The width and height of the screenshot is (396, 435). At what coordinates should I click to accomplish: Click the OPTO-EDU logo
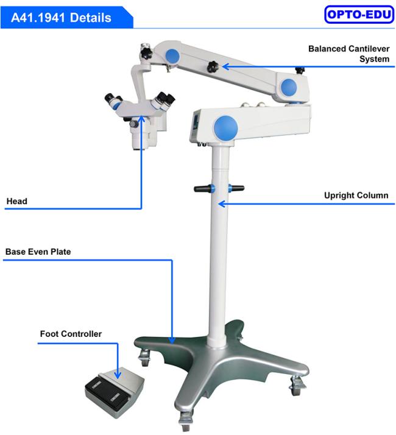point(359,14)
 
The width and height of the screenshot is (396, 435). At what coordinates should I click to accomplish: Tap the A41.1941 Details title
point(61,18)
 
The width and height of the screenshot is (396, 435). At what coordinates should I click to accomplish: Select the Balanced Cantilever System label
point(349,54)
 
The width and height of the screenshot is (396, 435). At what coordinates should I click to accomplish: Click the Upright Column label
point(356,196)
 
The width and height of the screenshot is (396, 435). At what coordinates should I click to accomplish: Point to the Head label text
point(17,201)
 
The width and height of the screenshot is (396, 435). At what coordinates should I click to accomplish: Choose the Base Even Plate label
point(38,252)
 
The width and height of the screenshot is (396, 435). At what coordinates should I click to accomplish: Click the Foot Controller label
point(71,334)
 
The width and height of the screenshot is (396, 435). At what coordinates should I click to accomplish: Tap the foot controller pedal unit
point(115,394)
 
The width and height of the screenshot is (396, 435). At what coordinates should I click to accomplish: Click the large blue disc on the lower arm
point(225,127)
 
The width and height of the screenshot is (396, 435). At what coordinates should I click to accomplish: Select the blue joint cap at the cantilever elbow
point(289,87)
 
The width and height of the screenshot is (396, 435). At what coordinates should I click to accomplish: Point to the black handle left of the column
point(204,189)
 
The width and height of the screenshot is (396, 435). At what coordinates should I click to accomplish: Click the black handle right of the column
point(236,188)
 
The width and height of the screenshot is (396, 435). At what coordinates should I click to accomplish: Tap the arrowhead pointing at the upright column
point(221,204)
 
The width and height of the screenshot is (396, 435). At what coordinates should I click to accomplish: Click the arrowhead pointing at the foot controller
point(118,375)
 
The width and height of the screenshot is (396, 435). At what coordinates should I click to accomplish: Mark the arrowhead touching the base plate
point(172,340)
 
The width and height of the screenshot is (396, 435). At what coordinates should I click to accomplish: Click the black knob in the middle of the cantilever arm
point(213,66)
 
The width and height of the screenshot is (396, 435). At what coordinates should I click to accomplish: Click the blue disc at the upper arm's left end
point(172,56)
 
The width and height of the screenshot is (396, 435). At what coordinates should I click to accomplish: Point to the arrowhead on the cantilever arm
point(226,66)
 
